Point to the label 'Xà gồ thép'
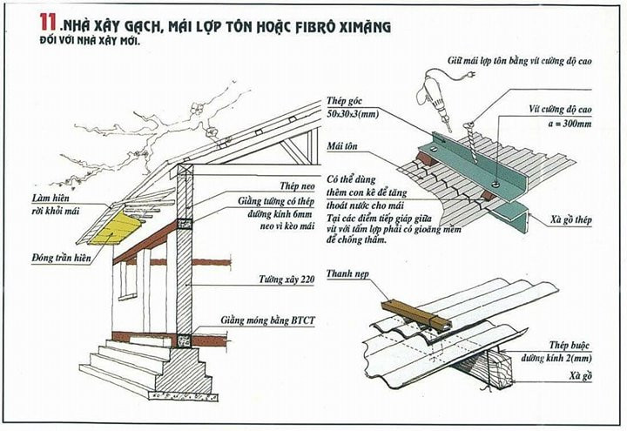572,221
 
